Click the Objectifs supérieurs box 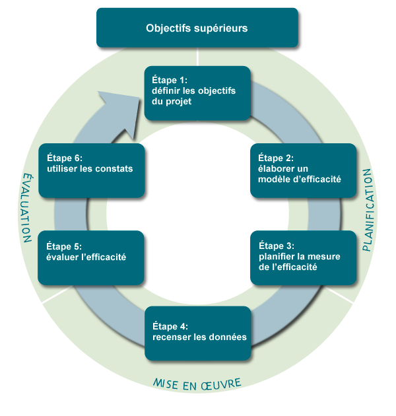coord(197,28)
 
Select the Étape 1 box coord(197,93)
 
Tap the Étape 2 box coord(303,170)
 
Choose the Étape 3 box coord(303,257)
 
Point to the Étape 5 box coord(91,257)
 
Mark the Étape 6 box coord(91,170)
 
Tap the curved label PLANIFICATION coord(368,210)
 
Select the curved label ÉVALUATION coord(26,208)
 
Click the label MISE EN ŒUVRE coord(197,383)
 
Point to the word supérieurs coord(222,28)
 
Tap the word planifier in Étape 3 coord(276,256)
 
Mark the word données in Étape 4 coord(228,337)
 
